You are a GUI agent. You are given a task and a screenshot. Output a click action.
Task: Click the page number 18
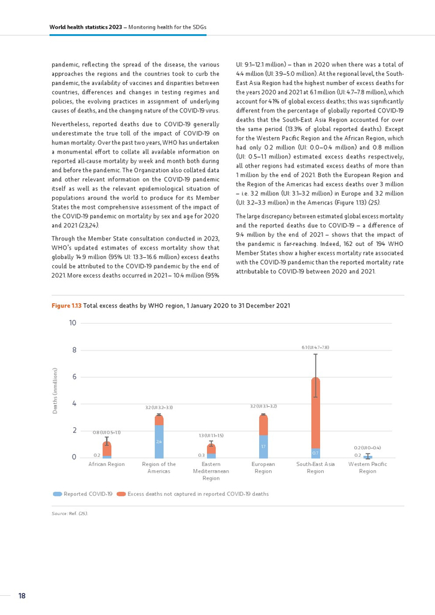pyautogui.click(x=22, y=596)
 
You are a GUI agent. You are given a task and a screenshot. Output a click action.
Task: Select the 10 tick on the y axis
pyautogui.click(x=73, y=323)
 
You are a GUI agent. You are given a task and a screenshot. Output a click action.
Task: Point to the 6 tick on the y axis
pyautogui.click(x=73, y=377)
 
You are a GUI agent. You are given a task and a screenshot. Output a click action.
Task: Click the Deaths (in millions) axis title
pyautogui.click(x=55, y=391)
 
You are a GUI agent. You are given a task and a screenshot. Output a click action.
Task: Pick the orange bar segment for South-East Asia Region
pyautogui.click(x=316, y=412)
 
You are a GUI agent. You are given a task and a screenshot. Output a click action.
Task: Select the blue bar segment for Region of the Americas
pyautogui.click(x=159, y=441)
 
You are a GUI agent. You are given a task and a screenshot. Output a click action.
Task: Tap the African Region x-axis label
pyautogui.click(x=107, y=464)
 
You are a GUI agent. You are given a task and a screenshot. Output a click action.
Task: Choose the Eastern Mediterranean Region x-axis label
pyautogui.click(x=211, y=471)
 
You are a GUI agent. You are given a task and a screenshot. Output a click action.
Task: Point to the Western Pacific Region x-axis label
pyautogui.click(x=367, y=467)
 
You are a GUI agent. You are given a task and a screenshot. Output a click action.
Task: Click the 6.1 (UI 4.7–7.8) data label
pyautogui.click(x=316, y=347)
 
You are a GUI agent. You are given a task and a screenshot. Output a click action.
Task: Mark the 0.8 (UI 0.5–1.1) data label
pyautogui.click(x=107, y=432)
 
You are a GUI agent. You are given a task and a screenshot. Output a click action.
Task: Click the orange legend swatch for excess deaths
pyautogui.click(x=121, y=494)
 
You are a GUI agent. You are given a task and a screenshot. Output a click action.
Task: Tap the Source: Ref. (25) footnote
pyautogui.click(x=69, y=513)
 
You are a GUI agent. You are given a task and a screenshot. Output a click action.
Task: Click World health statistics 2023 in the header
pyautogui.click(x=86, y=27)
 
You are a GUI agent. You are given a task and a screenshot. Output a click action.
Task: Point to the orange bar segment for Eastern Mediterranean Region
pyautogui.click(x=211, y=449)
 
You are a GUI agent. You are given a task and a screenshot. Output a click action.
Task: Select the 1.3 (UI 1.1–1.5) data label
pyautogui.click(x=211, y=436)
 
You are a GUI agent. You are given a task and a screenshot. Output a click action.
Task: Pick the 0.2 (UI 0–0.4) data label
pyautogui.click(x=367, y=447)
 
